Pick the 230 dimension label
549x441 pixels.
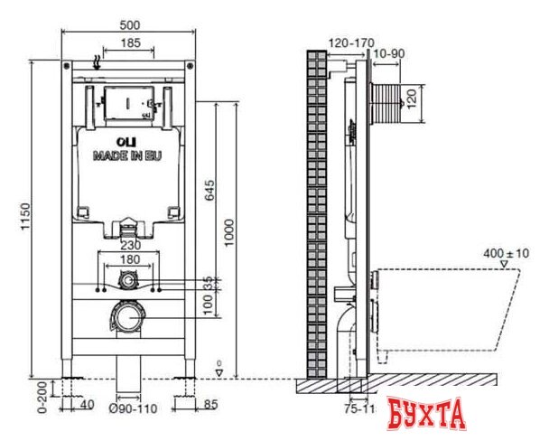click(x=131, y=245)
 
